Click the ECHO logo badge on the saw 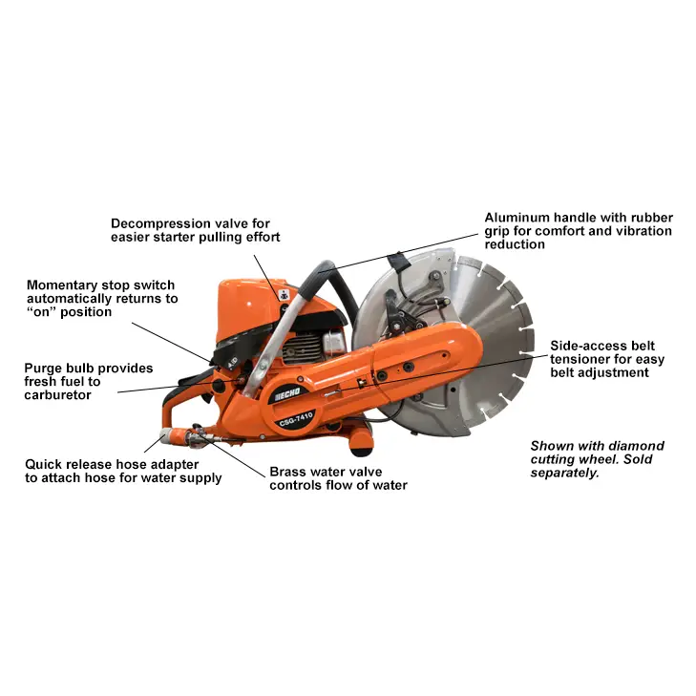[286, 393]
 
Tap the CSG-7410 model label [296, 419]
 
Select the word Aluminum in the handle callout [517, 218]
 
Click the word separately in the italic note [564, 474]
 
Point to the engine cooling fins [302, 348]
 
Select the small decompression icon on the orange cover [285, 294]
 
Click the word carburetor [57, 395]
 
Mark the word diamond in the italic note [638, 446]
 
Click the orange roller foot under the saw [360, 442]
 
